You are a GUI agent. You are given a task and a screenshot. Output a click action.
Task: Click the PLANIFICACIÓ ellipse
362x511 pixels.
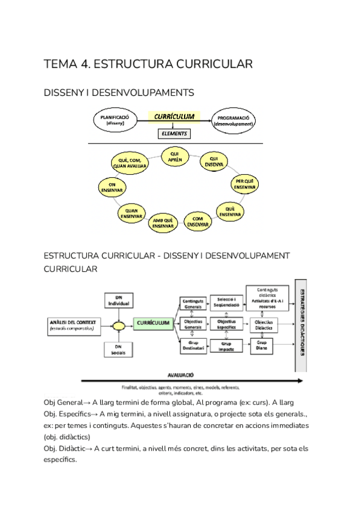pyautogui.click(x=115, y=120)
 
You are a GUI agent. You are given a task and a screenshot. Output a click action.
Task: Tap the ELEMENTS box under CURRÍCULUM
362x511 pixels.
pyautogui.click(x=174, y=133)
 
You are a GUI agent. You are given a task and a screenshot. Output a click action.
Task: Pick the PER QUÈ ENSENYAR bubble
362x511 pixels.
pyautogui.click(x=245, y=184)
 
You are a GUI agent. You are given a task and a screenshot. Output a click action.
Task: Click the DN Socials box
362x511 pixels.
pyautogui.click(x=118, y=350)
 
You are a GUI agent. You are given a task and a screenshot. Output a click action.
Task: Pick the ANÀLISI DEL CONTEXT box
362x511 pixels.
pyautogui.click(x=70, y=325)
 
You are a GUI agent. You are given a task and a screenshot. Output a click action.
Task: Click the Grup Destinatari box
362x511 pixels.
pyautogui.click(x=193, y=346)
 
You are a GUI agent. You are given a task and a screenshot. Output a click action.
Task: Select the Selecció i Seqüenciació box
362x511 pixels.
pyautogui.click(x=226, y=302)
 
